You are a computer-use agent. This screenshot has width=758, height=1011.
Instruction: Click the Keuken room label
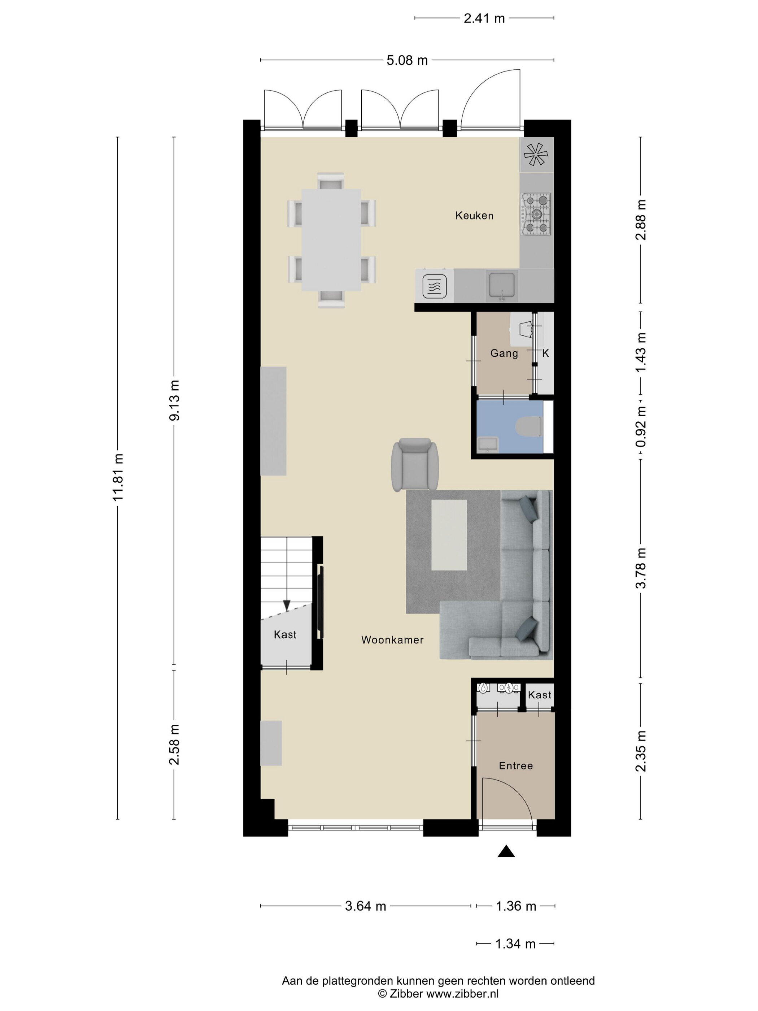click(x=474, y=215)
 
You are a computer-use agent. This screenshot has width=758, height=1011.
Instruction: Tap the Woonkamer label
click(x=392, y=640)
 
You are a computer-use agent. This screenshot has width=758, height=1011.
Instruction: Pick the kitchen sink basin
click(x=502, y=285)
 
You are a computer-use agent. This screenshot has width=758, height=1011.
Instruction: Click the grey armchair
click(x=415, y=464)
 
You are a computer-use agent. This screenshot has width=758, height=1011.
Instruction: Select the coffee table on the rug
click(x=449, y=535)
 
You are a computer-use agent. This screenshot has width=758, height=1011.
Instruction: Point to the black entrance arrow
click(x=506, y=851)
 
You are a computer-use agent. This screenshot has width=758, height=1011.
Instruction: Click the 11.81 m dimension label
click(x=118, y=477)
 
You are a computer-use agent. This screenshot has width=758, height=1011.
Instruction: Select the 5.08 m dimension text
click(x=407, y=60)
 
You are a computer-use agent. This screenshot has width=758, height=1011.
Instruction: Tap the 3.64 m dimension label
click(x=366, y=906)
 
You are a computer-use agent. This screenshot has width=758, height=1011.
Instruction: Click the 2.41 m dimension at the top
click(x=484, y=18)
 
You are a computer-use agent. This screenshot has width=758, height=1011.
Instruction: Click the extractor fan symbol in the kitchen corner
click(x=536, y=155)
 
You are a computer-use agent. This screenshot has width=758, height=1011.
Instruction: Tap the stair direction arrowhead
click(x=287, y=606)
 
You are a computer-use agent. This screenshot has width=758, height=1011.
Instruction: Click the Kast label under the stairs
click(x=285, y=634)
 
